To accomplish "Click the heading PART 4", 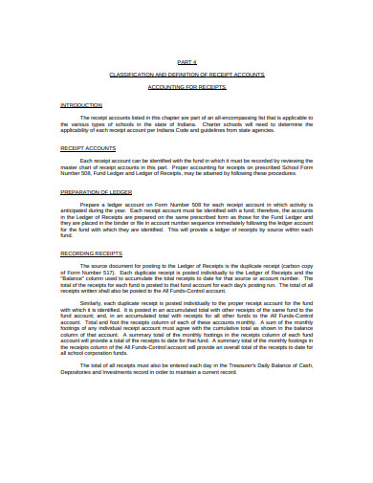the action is pos(186,60).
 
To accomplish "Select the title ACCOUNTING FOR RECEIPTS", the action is pos(186,86).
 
